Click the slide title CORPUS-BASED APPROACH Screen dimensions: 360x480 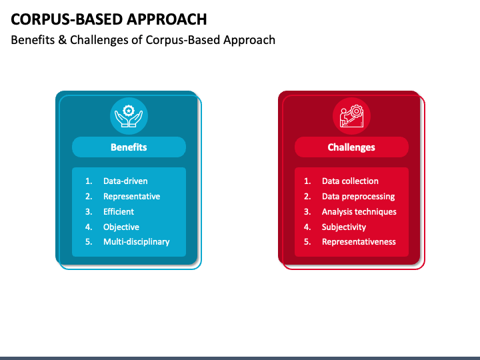click(x=108, y=19)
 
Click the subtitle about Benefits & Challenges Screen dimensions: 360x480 click(x=143, y=40)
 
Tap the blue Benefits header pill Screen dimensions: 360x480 click(x=129, y=147)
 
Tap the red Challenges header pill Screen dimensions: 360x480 click(x=351, y=147)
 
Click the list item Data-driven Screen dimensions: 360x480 click(x=125, y=181)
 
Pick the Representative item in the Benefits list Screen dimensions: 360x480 click(x=131, y=197)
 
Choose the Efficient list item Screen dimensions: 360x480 click(x=119, y=212)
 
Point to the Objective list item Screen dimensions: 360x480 click(x=121, y=227)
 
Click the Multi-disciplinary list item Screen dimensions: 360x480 click(x=136, y=242)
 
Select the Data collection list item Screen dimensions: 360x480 click(x=350, y=181)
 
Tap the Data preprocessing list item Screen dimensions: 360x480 click(x=358, y=197)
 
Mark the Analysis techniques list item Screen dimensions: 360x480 click(x=359, y=212)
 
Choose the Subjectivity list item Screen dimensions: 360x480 click(x=344, y=227)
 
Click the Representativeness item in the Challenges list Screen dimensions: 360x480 click(x=359, y=242)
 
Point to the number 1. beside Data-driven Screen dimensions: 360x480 click(x=89, y=181)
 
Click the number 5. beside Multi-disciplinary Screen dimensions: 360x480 click(x=89, y=242)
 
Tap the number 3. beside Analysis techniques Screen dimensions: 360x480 click(x=307, y=212)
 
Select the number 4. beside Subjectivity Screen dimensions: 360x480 click(x=307, y=227)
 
